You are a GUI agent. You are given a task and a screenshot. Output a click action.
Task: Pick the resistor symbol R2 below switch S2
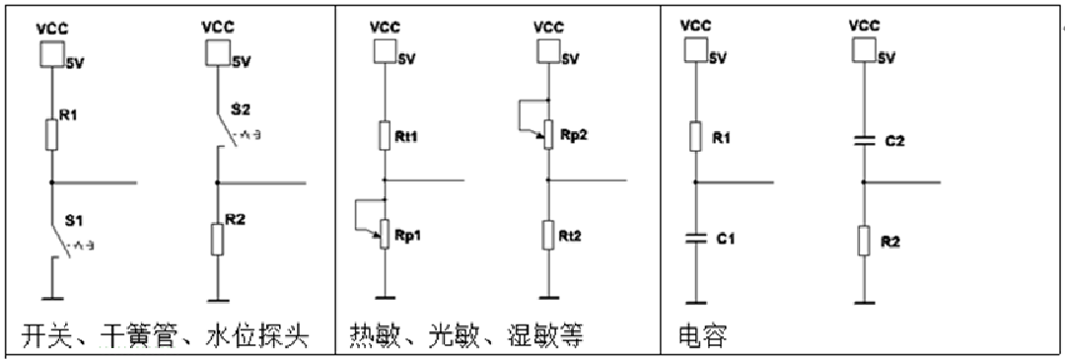click(x=217, y=240)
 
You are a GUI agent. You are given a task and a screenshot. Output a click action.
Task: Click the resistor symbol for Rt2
click(x=547, y=235)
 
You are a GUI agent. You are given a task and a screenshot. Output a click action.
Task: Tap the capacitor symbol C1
click(x=695, y=237)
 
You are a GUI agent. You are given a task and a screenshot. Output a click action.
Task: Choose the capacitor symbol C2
click(x=864, y=141)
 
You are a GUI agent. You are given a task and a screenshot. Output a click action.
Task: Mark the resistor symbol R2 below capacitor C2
click(x=864, y=240)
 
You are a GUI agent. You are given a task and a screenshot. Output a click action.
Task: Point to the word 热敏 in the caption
click(x=374, y=336)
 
